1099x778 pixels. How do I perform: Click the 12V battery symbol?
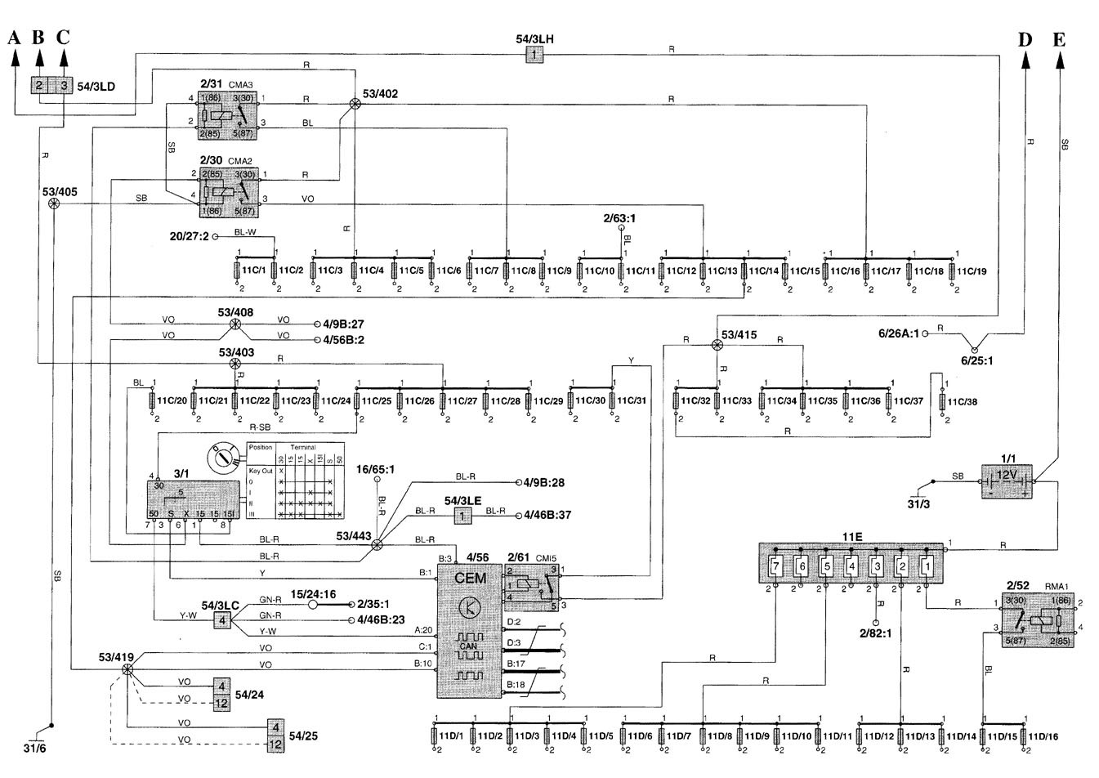[1006, 482]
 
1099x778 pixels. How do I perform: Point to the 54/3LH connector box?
[533, 55]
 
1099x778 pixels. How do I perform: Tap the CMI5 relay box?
[531, 587]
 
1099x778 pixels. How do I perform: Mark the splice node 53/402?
[355, 103]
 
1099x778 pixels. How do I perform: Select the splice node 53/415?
[717, 345]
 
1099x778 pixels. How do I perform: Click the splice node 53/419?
[127, 669]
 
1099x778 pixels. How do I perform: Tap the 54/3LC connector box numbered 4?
[221, 619]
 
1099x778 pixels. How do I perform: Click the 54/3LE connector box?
[463, 515]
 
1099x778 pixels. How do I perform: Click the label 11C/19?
[972, 271]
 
